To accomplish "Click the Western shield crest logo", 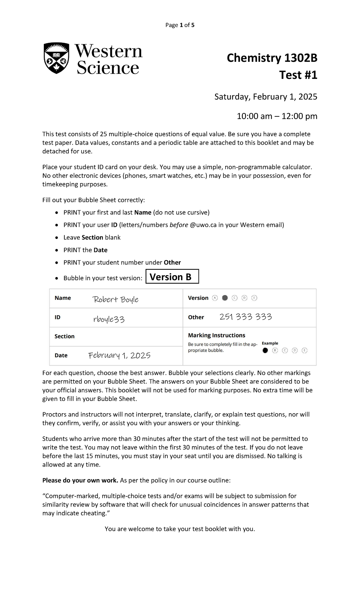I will pos(56,58).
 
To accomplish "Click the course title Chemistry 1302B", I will pos(272,58).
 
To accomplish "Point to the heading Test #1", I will pos(298,75).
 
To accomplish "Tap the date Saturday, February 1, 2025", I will pos(265,97).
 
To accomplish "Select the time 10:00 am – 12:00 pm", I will pos(277,116).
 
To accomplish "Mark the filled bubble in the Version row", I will pos(225,298).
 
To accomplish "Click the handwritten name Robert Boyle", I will pos(115,299).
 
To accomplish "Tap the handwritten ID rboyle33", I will pos(109,319).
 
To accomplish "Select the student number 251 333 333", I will pos(245,317).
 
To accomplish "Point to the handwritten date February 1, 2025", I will pos(119,355).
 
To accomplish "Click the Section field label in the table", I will pos(64,336).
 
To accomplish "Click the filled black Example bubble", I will pos(265,350).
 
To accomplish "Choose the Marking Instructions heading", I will pos(216,335).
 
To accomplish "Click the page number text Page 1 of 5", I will pos(180,25).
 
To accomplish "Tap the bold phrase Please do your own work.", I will pos(80,480).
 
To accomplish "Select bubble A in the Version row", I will pos(214,298).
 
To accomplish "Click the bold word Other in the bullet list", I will pos(172,262).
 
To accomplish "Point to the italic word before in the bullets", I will pos(179,225).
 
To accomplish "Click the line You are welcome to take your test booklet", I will pos(180,529).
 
